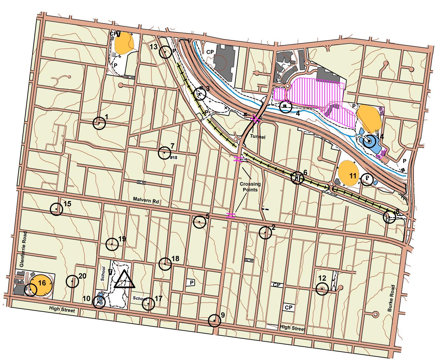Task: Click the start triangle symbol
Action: point(124,280)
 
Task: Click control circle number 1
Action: point(99,123)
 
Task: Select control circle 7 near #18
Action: point(164,153)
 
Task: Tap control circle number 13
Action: point(165,52)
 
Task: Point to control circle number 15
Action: point(57,209)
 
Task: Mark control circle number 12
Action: point(322,289)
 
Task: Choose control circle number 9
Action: point(215,321)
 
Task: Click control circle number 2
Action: point(265,233)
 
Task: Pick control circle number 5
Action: point(199,222)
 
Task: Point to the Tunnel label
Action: point(258,137)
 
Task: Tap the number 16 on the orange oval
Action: point(42,283)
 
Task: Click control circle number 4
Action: point(285,107)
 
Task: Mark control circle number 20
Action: point(72,282)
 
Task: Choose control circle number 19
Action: point(112,244)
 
